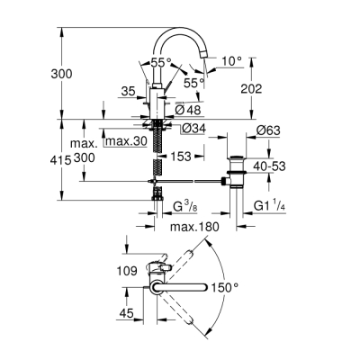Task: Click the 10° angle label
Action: click(231, 61)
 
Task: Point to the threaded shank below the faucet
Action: click(159, 148)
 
